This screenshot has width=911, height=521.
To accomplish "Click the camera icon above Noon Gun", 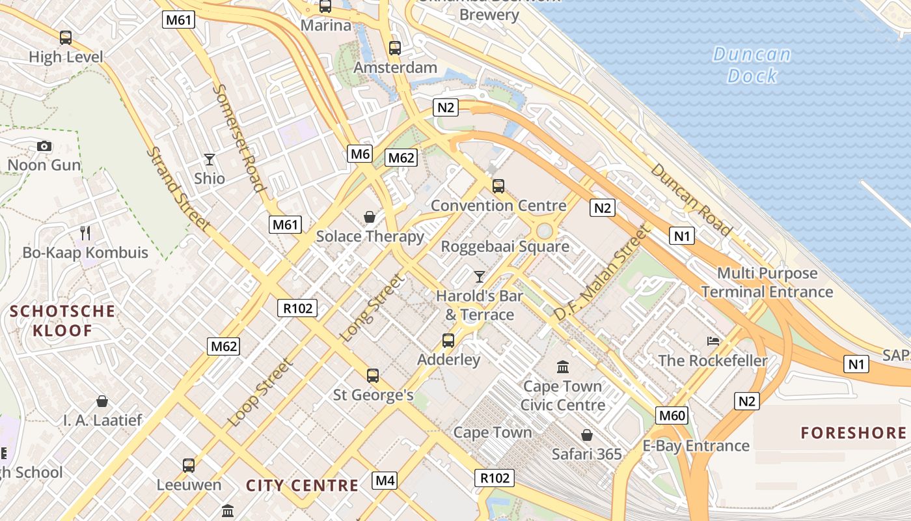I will (44, 146).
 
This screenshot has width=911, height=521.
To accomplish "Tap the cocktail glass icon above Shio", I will (209, 159).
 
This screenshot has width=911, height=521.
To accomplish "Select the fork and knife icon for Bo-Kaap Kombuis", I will (85, 232).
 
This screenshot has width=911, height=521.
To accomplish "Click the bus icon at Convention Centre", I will (498, 186).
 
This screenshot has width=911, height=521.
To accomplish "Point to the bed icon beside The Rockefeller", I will (713, 341).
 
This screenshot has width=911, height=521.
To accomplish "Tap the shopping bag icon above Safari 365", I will (586, 435).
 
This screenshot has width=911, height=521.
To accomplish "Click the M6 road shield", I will (360, 154).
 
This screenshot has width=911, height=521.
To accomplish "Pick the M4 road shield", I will (385, 481).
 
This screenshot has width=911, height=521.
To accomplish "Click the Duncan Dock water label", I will (752, 65).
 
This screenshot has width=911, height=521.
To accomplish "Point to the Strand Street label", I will (178, 189).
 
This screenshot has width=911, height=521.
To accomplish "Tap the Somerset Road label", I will (239, 137).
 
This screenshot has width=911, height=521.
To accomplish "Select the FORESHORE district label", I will (853, 433).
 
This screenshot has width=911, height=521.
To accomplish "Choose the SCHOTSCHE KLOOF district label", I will (62, 320).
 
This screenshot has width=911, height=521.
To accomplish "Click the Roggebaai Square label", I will (505, 247).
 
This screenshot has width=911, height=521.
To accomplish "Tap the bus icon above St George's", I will (373, 375).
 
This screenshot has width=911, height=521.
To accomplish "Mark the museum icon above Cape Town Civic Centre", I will (563, 367).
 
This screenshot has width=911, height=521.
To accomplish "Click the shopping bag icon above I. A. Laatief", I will (102, 401).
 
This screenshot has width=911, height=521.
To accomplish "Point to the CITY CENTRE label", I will (302, 485).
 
